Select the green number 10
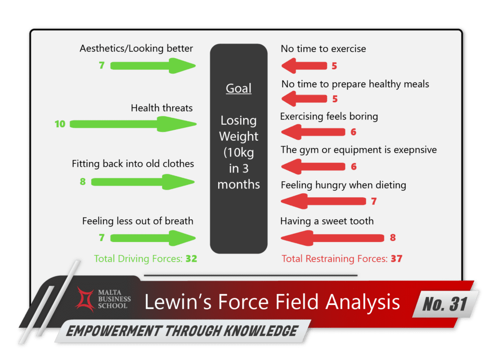(60, 124)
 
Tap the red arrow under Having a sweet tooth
(332, 238)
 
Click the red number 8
(393, 238)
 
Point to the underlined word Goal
(239, 89)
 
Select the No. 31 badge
(445, 304)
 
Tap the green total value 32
(191, 259)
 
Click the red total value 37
(396, 259)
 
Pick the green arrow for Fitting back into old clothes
(143, 182)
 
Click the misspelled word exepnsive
(413, 150)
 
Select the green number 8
(83, 182)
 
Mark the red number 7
(373, 201)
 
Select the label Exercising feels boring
(329, 117)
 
